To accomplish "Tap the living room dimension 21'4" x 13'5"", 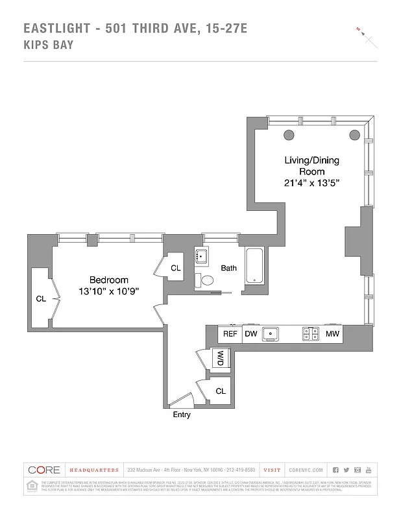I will (311, 184).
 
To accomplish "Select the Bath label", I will (228, 267).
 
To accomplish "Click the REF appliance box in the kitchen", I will (230, 334).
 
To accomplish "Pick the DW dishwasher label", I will (250, 334).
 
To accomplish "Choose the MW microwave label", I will (332, 334).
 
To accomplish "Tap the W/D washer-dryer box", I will (220, 358).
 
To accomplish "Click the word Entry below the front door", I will (182, 415).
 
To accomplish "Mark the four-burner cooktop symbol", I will (310, 334).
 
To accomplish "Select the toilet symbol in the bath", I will (207, 280).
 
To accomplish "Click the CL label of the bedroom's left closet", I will (40, 299).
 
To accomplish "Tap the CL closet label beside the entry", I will (221, 391).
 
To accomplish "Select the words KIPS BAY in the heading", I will (48, 45).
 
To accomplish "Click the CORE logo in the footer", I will (44, 470).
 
